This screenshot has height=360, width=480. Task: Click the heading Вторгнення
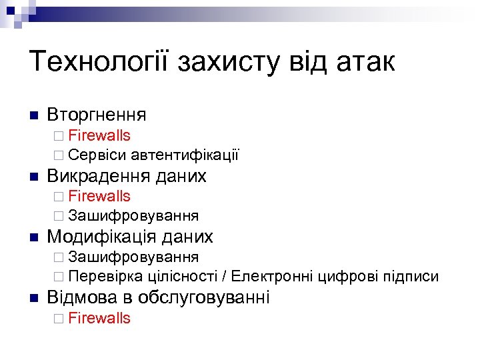(97, 115)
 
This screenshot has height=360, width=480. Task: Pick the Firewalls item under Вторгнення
(99, 136)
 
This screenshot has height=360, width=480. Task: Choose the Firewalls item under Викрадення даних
(99, 197)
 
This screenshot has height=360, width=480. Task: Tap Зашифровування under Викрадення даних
(133, 216)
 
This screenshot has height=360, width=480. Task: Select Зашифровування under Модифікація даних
(133, 257)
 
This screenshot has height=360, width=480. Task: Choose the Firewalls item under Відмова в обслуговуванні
(99, 318)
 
